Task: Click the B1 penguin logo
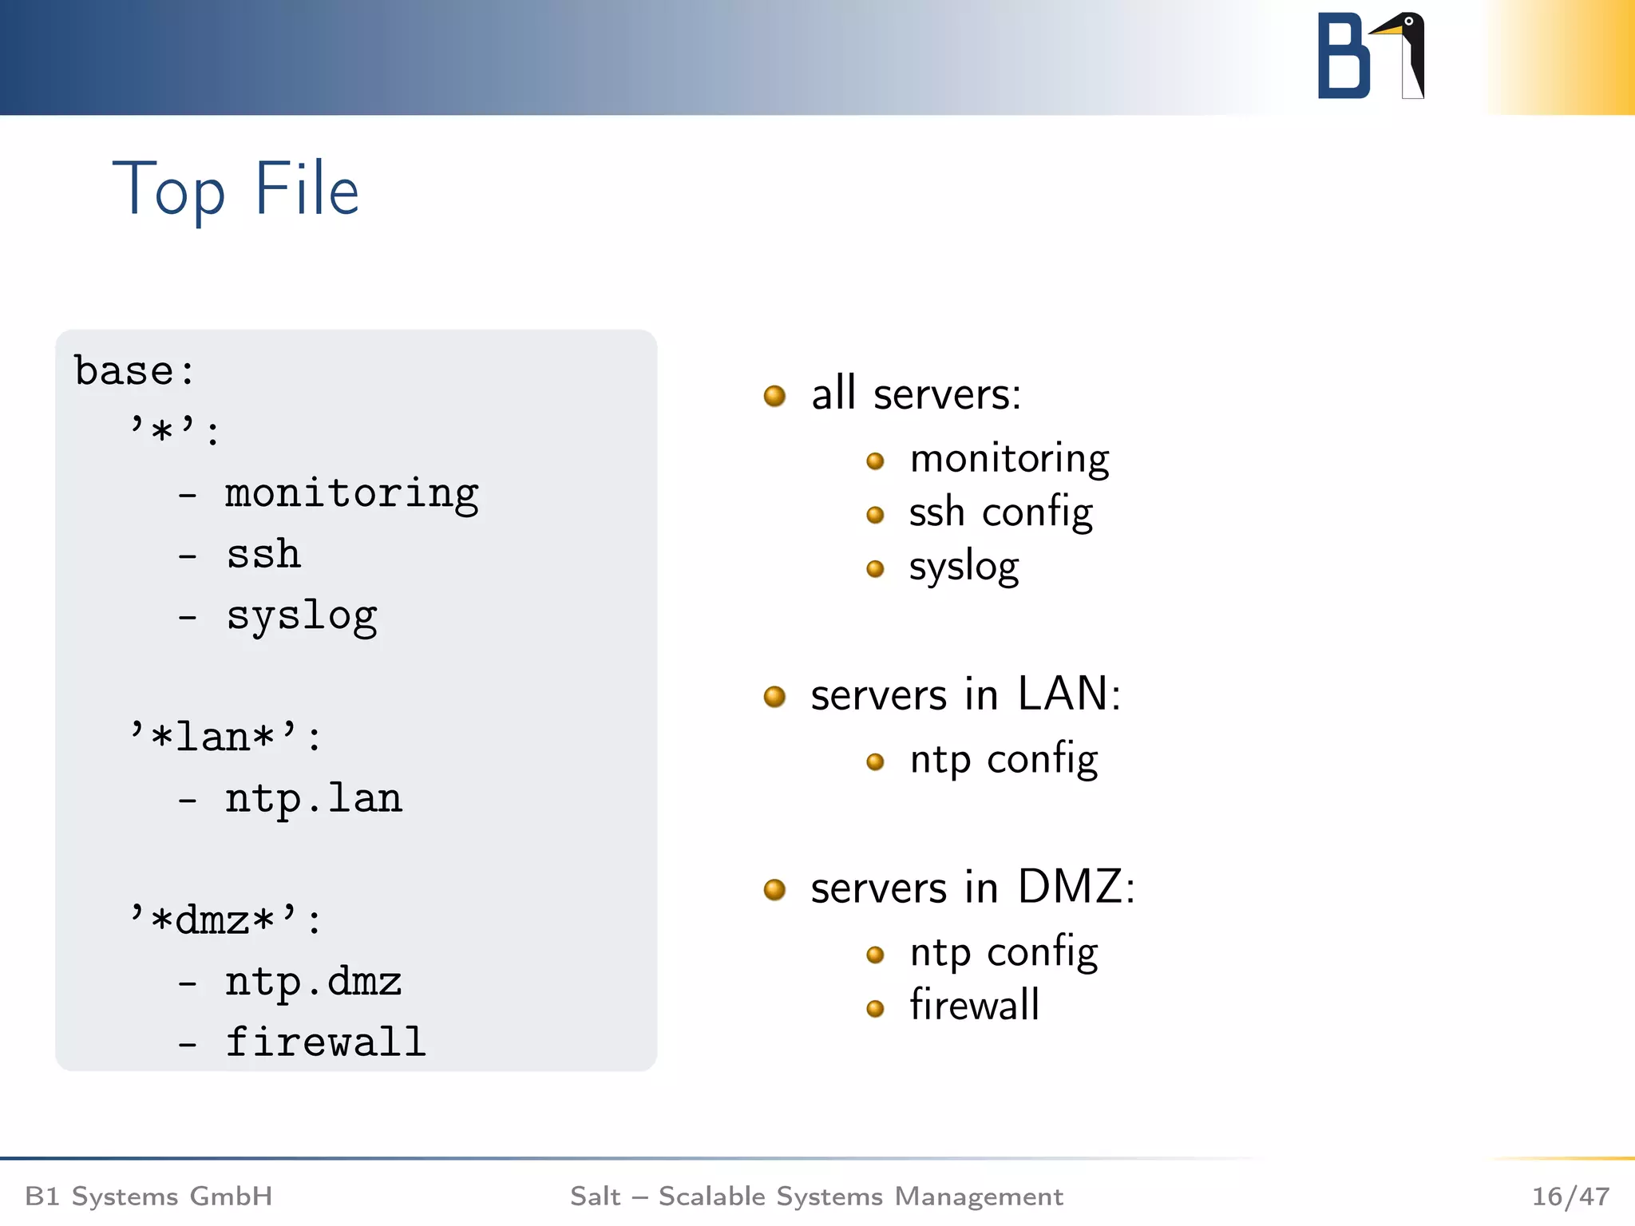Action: coord(1371,56)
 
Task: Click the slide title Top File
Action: coord(236,190)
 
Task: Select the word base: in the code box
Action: coord(134,371)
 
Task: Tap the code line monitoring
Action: coord(351,494)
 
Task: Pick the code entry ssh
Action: coord(263,555)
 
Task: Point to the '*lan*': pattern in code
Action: coord(225,737)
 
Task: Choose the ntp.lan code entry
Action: coord(313,799)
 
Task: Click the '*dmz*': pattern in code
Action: coord(225,920)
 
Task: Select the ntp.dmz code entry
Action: coord(313,982)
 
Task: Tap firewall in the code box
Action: coord(325,1042)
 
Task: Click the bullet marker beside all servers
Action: coord(774,396)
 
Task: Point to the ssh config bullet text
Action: coord(1000,512)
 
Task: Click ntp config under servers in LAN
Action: coord(1004,760)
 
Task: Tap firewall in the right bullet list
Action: coord(974,1005)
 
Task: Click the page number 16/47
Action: coord(1570,1196)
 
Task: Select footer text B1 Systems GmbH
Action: coord(148,1196)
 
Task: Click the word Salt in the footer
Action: coord(595,1196)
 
